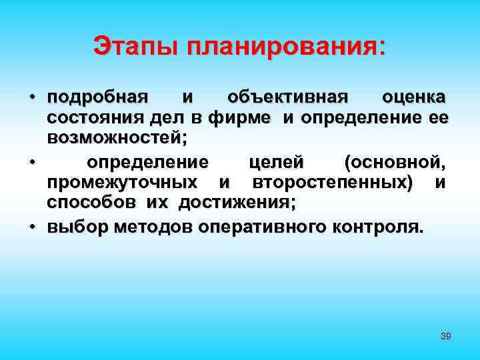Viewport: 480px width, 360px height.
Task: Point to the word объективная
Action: click(x=287, y=98)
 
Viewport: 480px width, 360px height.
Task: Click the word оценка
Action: click(x=414, y=98)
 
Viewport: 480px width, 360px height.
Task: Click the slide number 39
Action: click(x=446, y=336)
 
